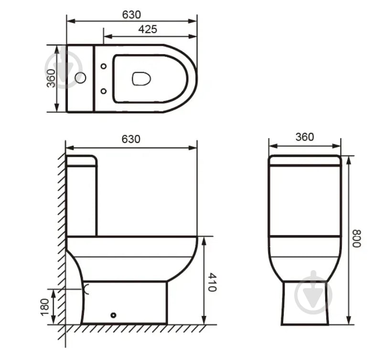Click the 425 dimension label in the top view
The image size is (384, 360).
tap(148, 29)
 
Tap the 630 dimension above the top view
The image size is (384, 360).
tap(131, 15)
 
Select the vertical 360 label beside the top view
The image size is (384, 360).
tap(51, 78)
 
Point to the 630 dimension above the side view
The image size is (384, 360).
tap(131, 139)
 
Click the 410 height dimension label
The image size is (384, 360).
tap(212, 283)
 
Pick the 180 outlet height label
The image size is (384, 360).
tap(45, 307)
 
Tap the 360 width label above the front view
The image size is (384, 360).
tap(305, 137)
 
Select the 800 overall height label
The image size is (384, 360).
tap(357, 239)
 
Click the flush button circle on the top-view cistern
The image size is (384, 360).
tap(80, 78)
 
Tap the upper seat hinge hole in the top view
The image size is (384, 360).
tap(104, 66)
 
